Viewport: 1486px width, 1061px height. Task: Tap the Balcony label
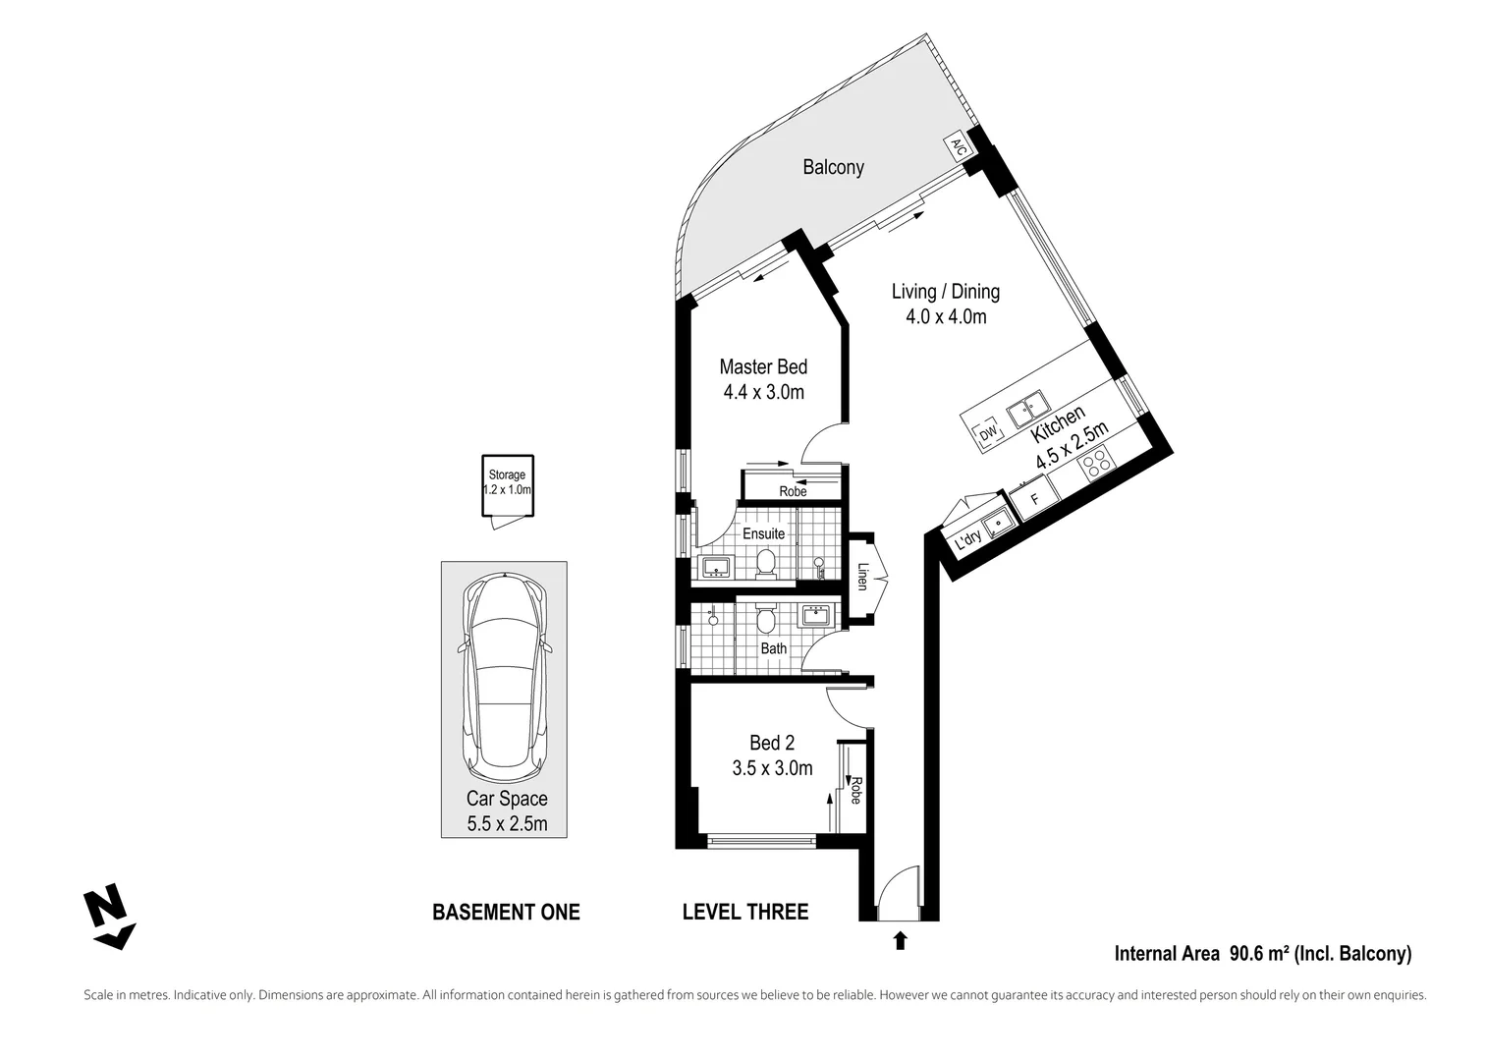point(833,167)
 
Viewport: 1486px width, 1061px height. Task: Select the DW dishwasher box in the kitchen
point(988,432)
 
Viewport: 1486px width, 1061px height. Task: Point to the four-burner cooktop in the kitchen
point(1095,463)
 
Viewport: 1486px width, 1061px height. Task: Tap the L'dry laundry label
point(969,538)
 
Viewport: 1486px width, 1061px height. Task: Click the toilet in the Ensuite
point(766,563)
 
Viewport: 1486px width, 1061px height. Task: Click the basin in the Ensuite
point(714,566)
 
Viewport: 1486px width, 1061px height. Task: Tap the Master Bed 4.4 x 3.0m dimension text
point(763,393)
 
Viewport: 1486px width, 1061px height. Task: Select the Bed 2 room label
point(772,744)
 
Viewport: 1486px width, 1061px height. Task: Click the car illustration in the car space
point(504,672)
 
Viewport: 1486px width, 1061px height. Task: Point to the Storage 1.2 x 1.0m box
point(507,484)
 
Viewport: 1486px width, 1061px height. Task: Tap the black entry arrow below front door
point(900,941)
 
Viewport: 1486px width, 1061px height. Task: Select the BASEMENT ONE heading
point(506,913)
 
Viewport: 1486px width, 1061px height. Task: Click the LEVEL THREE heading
point(744,913)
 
